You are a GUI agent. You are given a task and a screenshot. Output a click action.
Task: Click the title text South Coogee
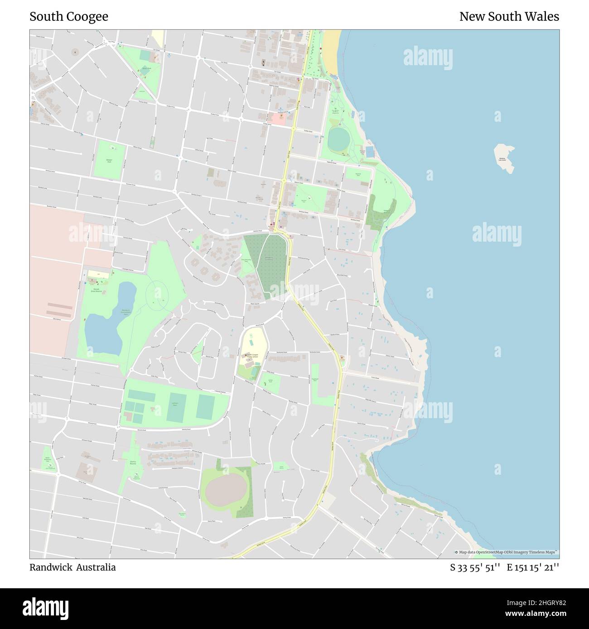click(x=69, y=17)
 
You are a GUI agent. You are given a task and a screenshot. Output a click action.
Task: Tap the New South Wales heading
click(x=509, y=17)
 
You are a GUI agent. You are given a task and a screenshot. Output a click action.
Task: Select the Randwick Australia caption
click(x=72, y=567)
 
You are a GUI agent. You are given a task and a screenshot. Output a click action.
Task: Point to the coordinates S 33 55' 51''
click(x=475, y=567)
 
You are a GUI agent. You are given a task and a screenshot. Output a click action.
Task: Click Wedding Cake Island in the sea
click(x=504, y=157)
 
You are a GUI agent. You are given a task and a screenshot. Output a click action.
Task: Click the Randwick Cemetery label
click(x=269, y=258)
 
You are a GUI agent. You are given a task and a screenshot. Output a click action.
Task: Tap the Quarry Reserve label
click(x=133, y=462)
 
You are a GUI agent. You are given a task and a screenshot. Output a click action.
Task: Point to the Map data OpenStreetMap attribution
click(x=507, y=552)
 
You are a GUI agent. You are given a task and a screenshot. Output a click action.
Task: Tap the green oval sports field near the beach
click(x=336, y=139)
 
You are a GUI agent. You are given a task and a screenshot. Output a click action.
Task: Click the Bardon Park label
click(x=146, y=68)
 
